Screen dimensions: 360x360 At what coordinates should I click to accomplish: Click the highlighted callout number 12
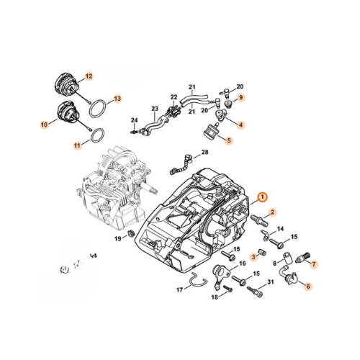click(89, 76)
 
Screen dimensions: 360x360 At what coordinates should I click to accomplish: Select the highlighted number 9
click(241, 97)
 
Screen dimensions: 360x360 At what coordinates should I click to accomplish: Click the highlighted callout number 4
click(241, 125)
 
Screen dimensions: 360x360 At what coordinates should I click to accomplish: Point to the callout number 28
click(205, 153)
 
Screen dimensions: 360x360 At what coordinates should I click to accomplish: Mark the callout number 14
click(281, 229)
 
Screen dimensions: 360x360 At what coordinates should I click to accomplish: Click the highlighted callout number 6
click(308, 286)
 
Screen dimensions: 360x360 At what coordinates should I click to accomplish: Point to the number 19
click(117, 238)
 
